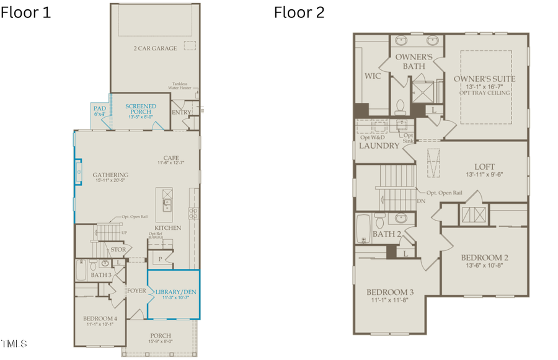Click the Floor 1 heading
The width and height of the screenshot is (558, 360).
[x=26, y=12]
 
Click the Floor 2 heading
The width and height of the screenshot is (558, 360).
[x=299, y=12]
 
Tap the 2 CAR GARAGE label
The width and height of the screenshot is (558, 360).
[x=155, y=48]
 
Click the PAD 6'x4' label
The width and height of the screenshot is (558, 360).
[x=100, y=111]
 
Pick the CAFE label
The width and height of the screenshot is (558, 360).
[x=171, y=158]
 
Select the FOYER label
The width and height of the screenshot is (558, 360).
[x=136, y=290]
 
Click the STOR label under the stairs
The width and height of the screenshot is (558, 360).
[x=118, y=250]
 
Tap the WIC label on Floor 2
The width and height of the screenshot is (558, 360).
[x=373, y=76]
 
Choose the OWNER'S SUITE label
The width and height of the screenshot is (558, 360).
[x=485, y=79]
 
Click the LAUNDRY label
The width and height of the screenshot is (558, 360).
[x=379, y=146]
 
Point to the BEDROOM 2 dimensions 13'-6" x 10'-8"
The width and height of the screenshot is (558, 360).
[x=485, y=266]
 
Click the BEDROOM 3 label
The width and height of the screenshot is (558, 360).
[x=389, y=292]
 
